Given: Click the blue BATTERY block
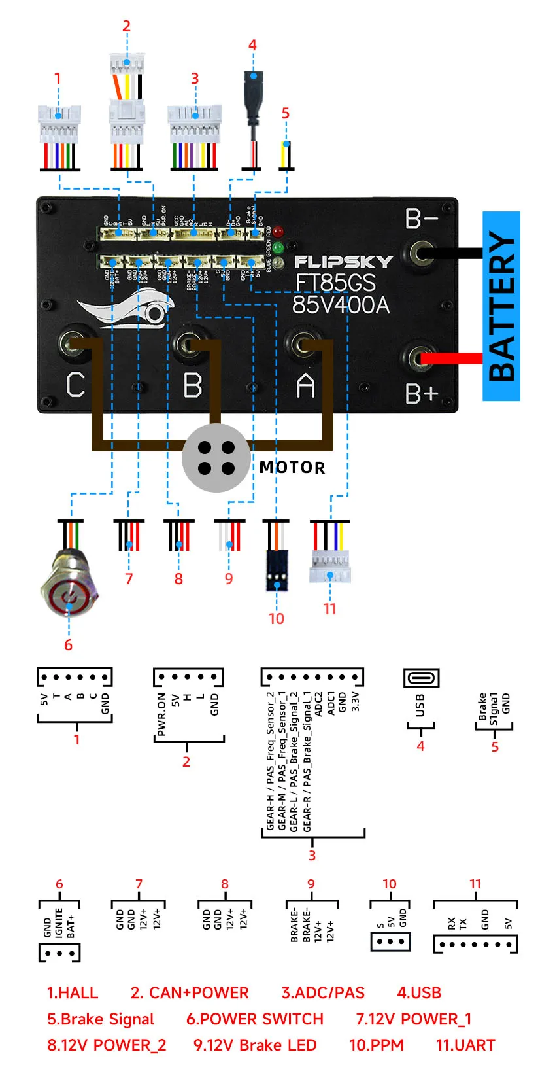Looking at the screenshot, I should pyautogui.click(x=501, y=306).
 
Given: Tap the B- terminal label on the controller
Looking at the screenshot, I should pyautogui.click(x=421, y=219).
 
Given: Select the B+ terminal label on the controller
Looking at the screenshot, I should pyautogui.click(x=421, y=394).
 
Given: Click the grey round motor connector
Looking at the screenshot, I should pyautogui.click(x=216, y=458).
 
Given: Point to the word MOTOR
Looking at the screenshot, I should pyautogui.click(x=292, y=467).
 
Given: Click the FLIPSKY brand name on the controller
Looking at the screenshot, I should pyautogui.click(x=343, y=262).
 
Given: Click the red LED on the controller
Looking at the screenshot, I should pyautogui.click(x=278, y=232).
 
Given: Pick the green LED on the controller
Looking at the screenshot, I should pyautogui.click(x=278, y=248).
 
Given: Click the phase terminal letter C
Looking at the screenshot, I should pyautogui.click(x=76, y=385).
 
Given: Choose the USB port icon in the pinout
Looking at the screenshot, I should pyautogui.click(x=421, y=678).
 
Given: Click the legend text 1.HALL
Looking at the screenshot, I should pyautogui.click(x=72, y=992).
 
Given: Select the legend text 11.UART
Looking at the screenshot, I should pyautogui.click(x=465, y=1045).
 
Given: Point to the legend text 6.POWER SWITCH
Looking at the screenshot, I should pyautogui.click(x=254, y=1019).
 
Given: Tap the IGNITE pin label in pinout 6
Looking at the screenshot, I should pyautogui.click(x=59, y=922).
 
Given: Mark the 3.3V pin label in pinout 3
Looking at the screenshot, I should pyautogui.click(x=355, y=701).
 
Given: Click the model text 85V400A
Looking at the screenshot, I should pyautogui.click(x=341, y=305).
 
